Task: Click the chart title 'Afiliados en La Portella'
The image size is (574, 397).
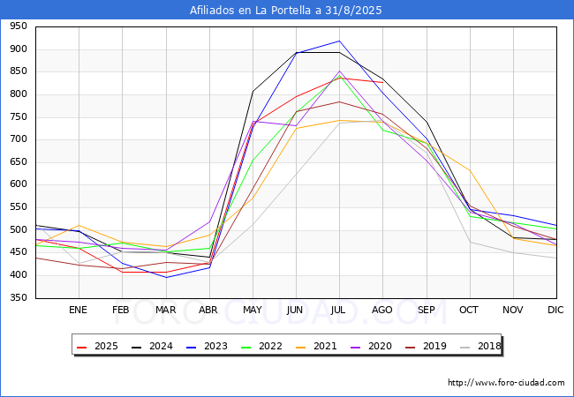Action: tap(286, 11)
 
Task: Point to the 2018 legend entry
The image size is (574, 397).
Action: tap(476, 346)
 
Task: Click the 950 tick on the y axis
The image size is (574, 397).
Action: tap(18, 26)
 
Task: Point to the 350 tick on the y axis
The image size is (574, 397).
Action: tap(18, 297)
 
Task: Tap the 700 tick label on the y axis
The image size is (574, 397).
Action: tap(18, 139)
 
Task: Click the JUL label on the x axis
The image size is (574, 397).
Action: tap(339, 310)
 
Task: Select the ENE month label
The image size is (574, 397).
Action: tap(79, 310)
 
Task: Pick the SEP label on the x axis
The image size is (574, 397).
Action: tap(426, 310)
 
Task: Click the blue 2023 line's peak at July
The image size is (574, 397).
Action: tap(339, 41)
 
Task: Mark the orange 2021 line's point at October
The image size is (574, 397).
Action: tap(470, 170)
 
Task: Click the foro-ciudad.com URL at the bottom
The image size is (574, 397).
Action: tap(506, 383)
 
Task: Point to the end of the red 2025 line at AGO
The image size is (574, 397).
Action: tap(382, 82)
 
